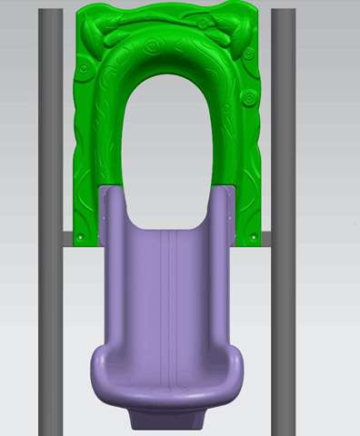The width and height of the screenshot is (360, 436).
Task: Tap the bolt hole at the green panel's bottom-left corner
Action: (80, 237)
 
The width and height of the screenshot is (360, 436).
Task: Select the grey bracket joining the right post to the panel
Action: (265, 238)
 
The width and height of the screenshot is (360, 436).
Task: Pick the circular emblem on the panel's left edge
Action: (83, 67)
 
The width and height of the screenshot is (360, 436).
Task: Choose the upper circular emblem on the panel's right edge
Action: (248, 54)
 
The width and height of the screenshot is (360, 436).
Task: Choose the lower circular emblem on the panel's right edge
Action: (246, 96)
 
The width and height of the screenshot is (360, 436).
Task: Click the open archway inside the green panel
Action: (169, 136)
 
